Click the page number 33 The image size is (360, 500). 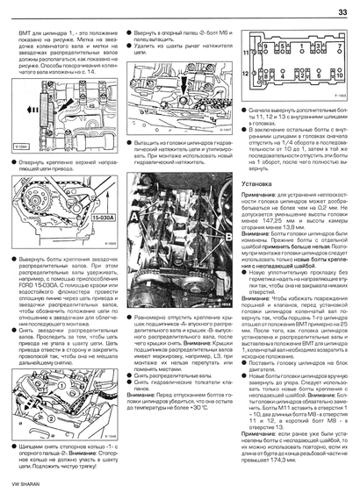coord(343,10)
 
